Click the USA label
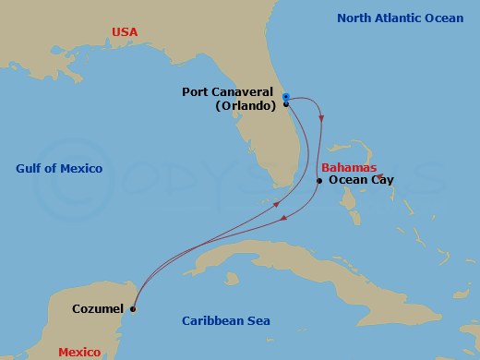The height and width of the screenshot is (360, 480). click(x=125, y=32)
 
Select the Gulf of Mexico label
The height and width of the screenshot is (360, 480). click(x=59, y=168)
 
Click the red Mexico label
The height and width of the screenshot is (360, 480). click(x=79, y=352)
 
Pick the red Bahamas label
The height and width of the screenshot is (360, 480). click(x=349, y=167)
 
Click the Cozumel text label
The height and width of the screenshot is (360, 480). click(x=98, y=308)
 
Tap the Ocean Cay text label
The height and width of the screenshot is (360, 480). click(x=362, y=180)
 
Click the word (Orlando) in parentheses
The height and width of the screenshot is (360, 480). click(x=246, y=105)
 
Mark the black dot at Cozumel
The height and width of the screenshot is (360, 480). click(x=134, y=309)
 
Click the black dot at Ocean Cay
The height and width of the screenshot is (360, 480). click(x=319, y=181)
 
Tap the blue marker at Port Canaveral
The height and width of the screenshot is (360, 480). click(x=286, y=97)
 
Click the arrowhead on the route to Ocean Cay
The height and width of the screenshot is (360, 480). click(x=321, y=117)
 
